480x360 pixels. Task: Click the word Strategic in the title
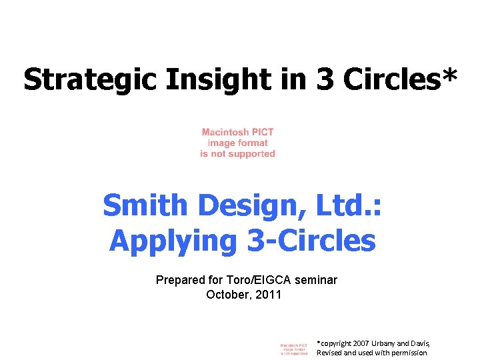(x=89, y=79)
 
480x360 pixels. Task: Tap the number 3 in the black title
(x=326, y=79)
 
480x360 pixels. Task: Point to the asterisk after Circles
(x=449, y=75)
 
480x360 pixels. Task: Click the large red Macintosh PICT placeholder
(x=237, y=143)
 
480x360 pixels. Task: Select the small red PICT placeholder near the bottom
(x=293, y=349)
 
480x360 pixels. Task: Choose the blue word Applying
(x=173, y=241)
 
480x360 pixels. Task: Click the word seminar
(x=317, y=280)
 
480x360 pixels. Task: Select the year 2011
(x=269, y=294)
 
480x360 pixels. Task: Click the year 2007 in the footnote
(x=360, y=343)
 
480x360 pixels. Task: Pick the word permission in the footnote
(x=407, y=353)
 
